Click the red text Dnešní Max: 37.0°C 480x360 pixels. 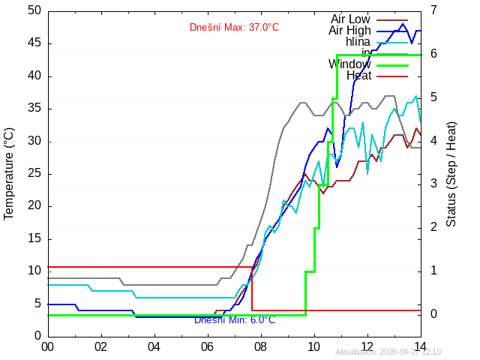click(234, 28)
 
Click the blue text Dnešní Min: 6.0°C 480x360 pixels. click(235, 320)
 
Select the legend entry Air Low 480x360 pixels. click(350, 19)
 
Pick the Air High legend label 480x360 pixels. click(349, 31)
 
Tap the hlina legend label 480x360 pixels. click(358, 42)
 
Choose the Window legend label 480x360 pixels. click(349, 64)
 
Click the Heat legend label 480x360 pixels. click(358, 76)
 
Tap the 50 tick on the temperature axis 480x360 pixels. click(34, 11)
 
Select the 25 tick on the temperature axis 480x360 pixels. click(34, 173)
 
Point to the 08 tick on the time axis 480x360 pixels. click(260, 347)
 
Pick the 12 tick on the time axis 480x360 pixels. click(367, 347)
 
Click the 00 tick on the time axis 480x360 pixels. click(47, 347)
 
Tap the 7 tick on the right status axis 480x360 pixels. click(433, 11)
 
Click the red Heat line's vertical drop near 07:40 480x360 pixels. click(251, 289)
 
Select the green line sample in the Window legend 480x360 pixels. click(391, 65)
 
